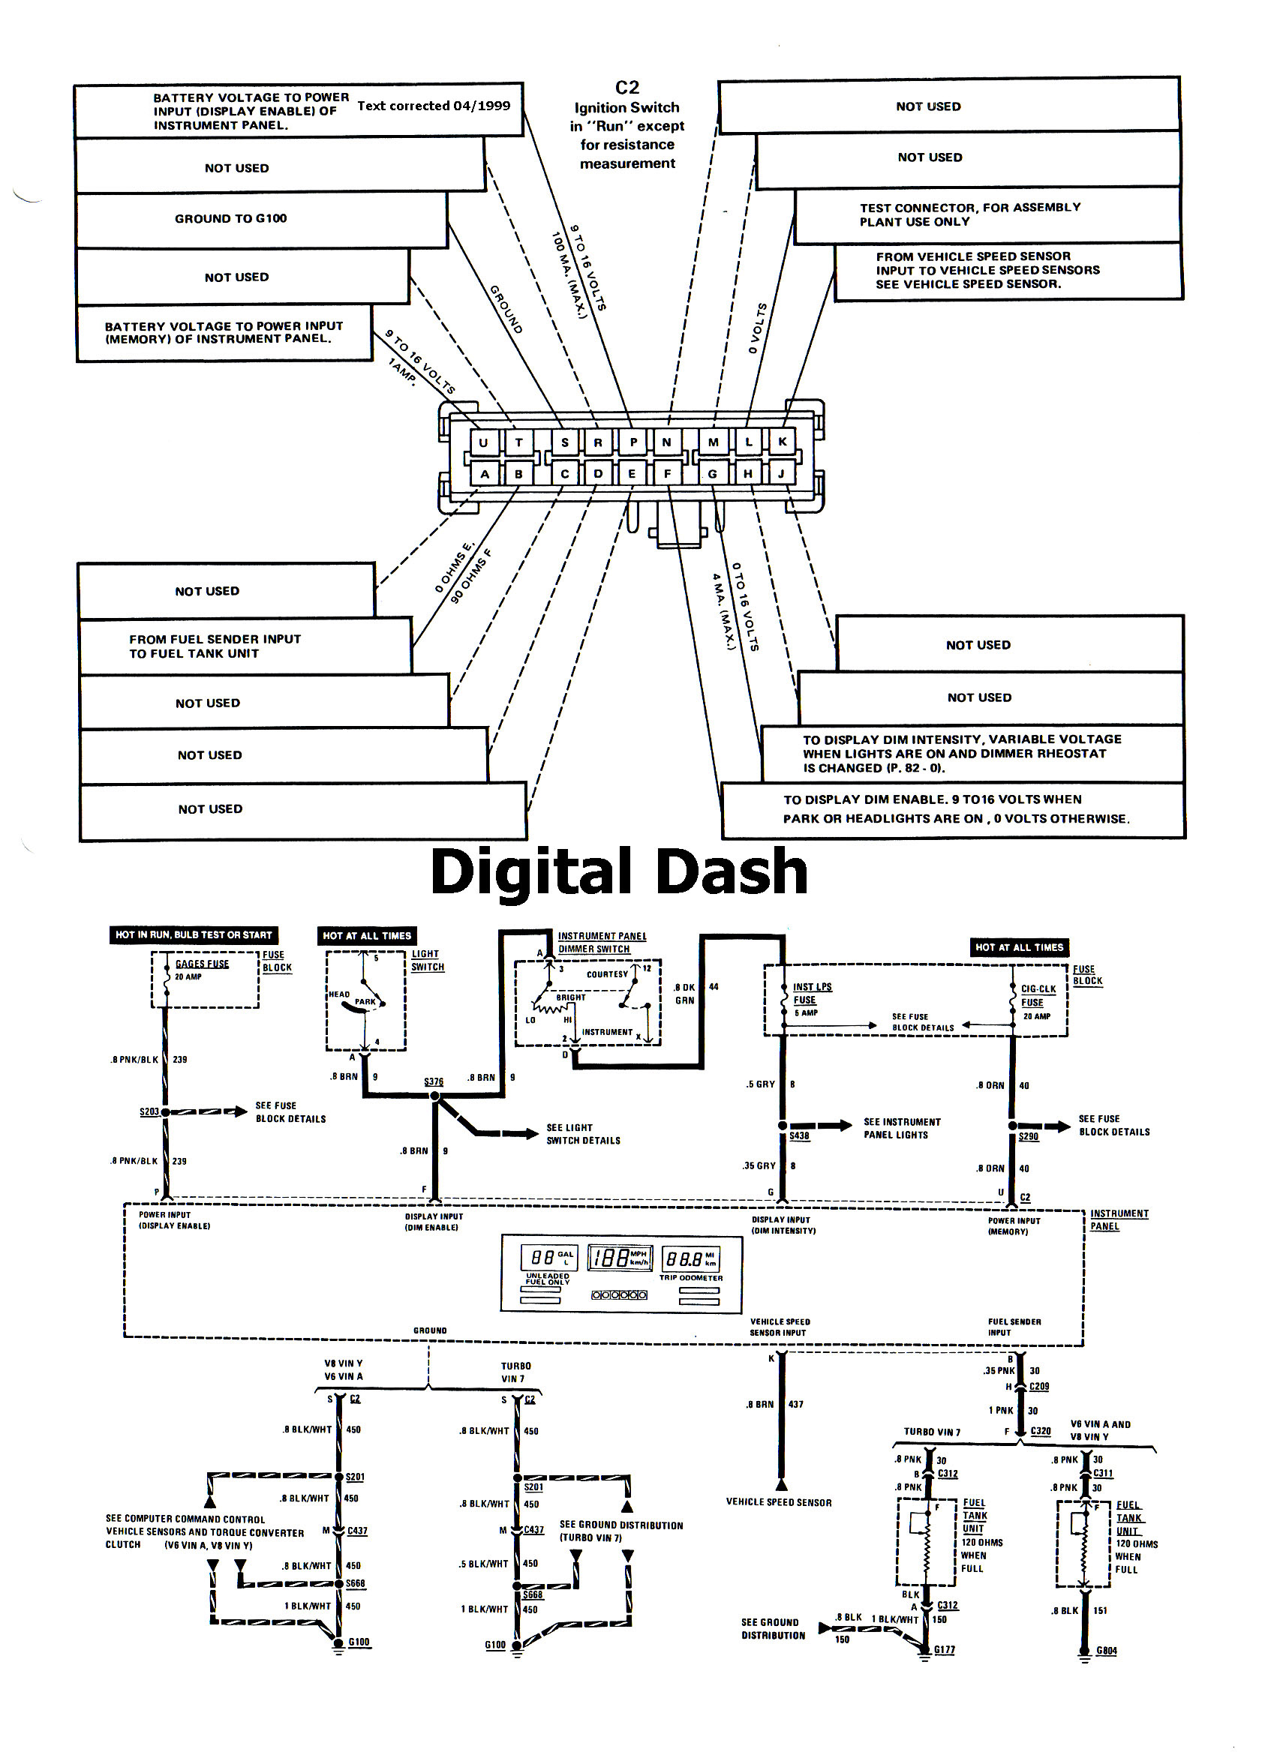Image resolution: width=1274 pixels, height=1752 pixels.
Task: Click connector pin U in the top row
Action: click(484, 442)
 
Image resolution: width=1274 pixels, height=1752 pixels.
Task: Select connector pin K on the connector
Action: click(783, 441)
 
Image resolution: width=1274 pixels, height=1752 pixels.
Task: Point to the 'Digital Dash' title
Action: click(619, 871)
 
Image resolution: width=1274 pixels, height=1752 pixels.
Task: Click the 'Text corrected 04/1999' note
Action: click(434, 106)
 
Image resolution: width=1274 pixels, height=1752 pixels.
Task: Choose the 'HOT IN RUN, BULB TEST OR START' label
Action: click(193, 934)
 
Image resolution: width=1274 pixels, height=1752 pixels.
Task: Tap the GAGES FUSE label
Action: click(202, 964)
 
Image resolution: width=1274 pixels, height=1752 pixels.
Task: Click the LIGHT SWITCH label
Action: click(426, 960)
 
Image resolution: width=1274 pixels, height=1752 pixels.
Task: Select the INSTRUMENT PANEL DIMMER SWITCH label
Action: click(602, 943)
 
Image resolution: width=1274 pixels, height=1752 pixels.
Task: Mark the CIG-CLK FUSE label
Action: click(1038, 995)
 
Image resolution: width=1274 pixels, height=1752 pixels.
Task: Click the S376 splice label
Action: click(434, 1081)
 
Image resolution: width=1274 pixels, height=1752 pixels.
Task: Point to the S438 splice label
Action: click(799, 1136)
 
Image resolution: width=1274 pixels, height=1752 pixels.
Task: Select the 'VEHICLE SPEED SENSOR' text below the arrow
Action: click(779, 1502)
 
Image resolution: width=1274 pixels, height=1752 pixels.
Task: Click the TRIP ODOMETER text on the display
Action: click(691, 1278)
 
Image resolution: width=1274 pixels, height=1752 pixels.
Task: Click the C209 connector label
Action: click(1039, 1387)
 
